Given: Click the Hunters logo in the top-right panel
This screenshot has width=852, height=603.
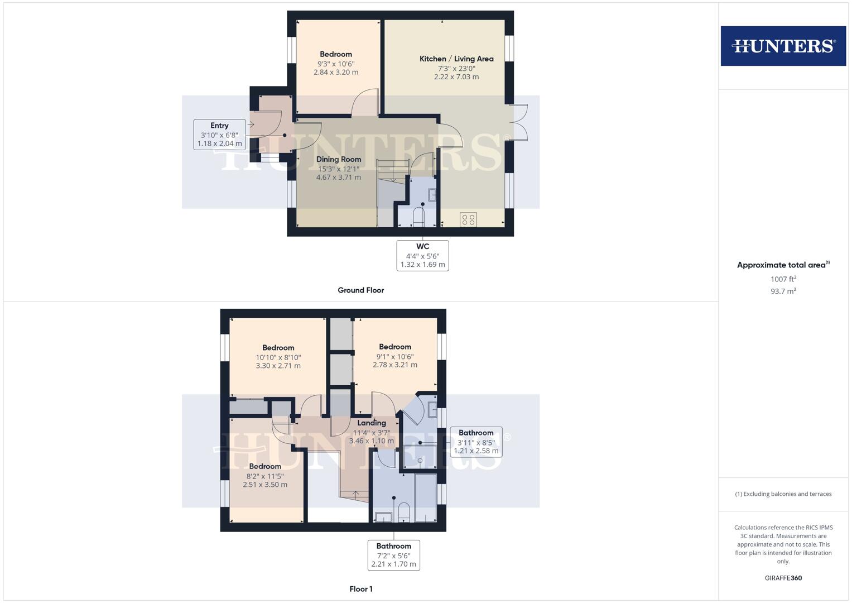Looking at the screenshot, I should (x=783, y=46).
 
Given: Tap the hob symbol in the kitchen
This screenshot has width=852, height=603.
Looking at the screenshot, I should (x=468, y=220).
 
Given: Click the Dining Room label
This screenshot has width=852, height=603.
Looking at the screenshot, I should (x=339, y=159).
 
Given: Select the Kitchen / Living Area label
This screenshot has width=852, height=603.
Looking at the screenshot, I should (x=456, y=59).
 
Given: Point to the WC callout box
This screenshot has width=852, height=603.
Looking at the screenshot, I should (x=422, y=256).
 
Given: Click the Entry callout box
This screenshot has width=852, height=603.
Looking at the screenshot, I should (x=219, y=135).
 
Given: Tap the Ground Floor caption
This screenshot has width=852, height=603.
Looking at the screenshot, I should (x=360, y=290).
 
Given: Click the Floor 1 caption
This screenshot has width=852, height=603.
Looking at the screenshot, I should (x=360, y=589).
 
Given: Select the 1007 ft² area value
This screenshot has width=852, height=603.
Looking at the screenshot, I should (x=783, y=279).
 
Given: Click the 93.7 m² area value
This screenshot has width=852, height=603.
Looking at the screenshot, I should (x=783, y=291).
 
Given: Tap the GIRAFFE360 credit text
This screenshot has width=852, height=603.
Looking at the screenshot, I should (x=783, y=578).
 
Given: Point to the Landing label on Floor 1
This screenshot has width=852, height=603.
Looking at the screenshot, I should (x=372, y=423).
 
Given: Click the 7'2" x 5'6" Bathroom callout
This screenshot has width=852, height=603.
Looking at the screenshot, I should (x=393, y=556).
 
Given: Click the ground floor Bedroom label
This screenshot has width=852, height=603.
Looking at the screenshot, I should (x=336, y=54).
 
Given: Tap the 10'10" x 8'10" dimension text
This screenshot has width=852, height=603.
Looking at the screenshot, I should (x=278, y=357).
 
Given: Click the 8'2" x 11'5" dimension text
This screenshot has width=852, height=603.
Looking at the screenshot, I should (x=265, y=476).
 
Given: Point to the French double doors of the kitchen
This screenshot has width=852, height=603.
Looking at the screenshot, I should (x=519, y=122).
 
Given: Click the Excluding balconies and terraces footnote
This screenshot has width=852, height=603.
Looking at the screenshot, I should (x=783, y=494).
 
